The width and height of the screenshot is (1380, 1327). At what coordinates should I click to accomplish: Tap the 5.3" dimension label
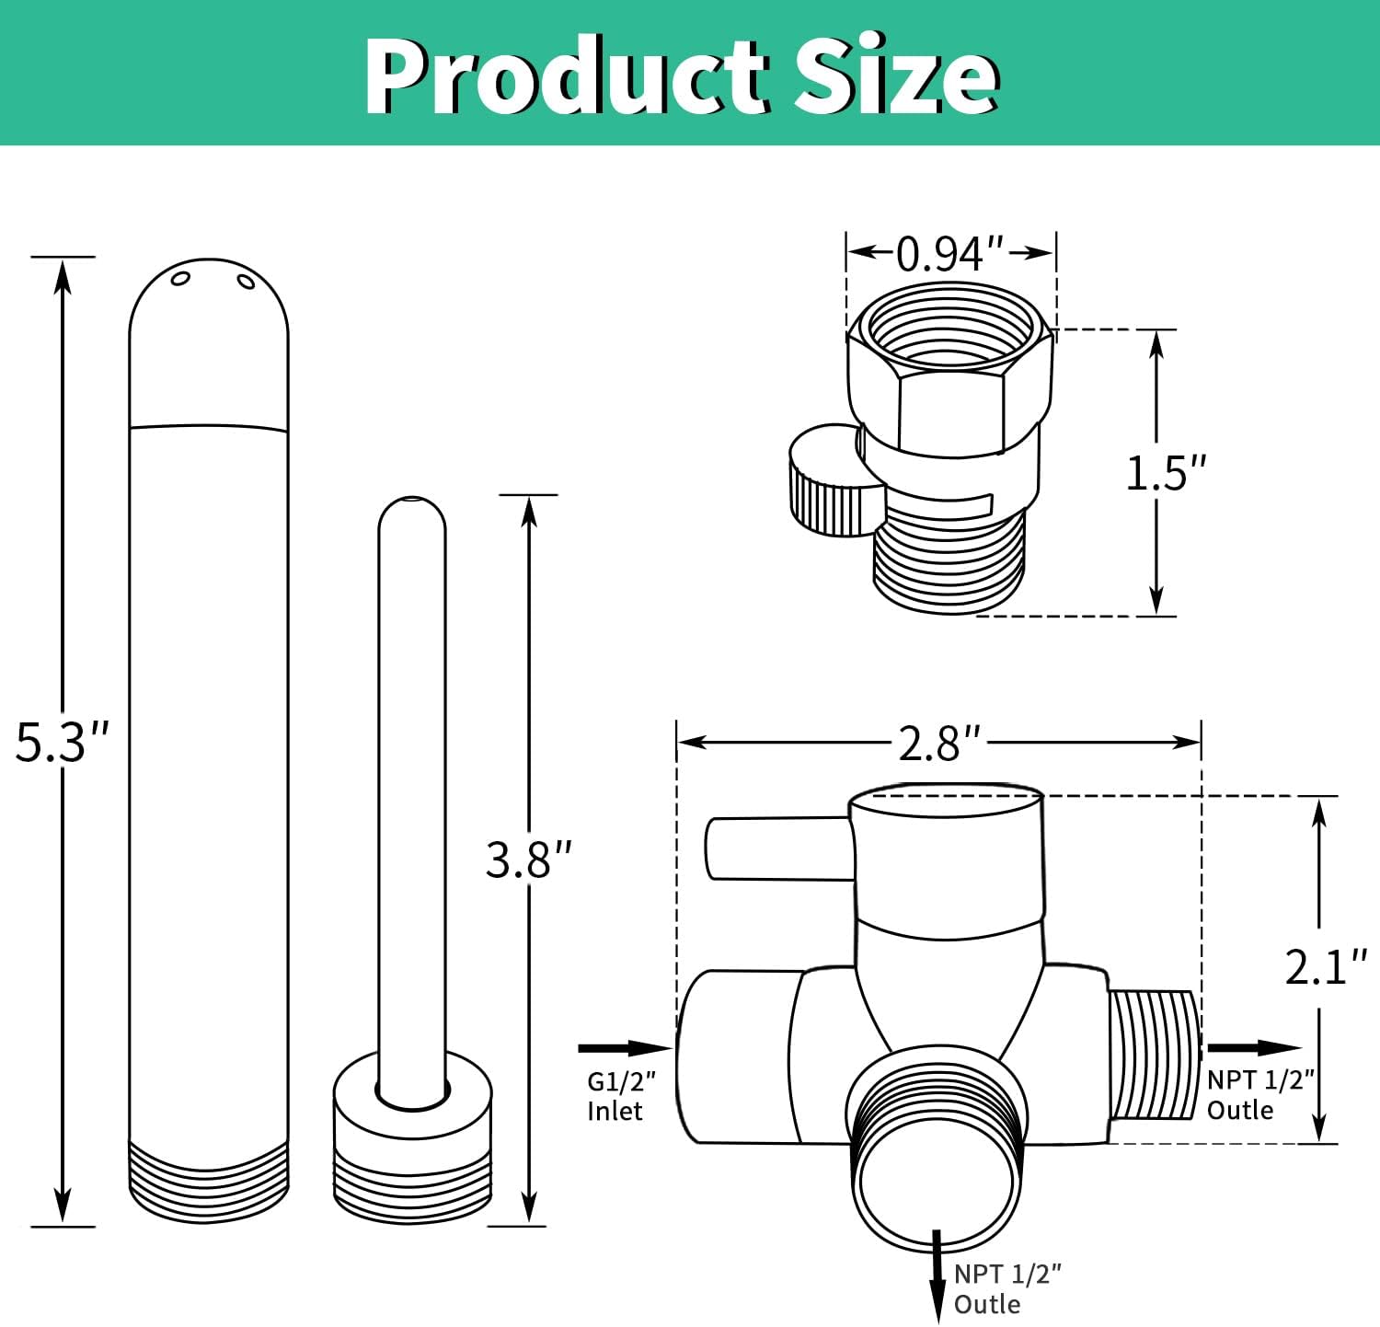(62, 742)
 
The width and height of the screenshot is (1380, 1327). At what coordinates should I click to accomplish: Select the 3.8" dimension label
(529, 860)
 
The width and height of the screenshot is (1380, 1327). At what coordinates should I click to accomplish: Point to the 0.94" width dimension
(949, 253)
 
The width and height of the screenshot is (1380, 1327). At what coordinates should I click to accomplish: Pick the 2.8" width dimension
(939, 743)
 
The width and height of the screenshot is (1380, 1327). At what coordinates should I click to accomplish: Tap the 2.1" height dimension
(1326, 966)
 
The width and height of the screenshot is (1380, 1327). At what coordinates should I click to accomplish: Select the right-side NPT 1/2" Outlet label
(1260, 1094)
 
